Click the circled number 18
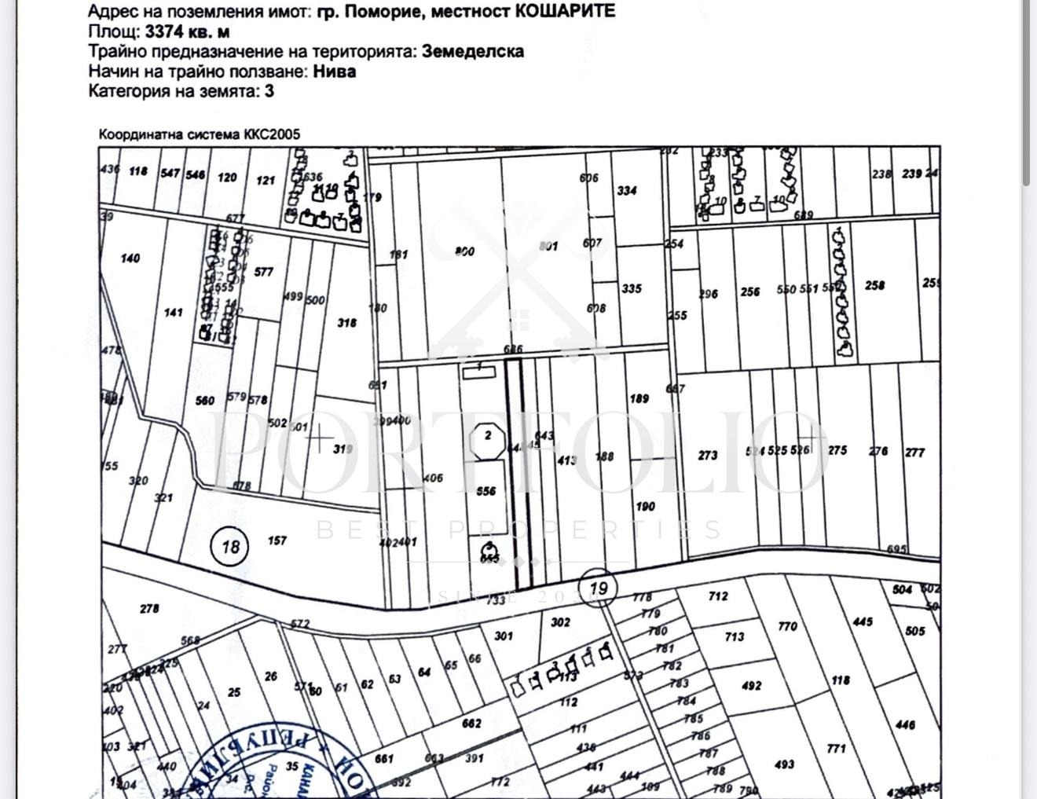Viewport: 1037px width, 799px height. tap(230, 545)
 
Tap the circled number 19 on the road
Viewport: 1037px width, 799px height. tap(598, 588)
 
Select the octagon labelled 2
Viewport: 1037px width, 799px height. tap(488, 435)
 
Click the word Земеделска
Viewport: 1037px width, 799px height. tap(473, 51)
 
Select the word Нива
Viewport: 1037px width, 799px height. tap(335, 71)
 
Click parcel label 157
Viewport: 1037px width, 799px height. tap(277, 541)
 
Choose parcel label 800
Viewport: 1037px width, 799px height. tap(464, 251)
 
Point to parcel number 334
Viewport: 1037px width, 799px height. tap(627, 190)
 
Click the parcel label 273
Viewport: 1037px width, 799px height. tap(708, 455)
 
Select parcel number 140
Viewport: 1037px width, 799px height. tap(130, 258)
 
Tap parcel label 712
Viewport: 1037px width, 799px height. tap(718, 596)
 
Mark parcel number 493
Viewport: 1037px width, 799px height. tap(784, 764)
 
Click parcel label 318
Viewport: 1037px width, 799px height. tap(346, 322)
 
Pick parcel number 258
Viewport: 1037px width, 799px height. tap(875, 285)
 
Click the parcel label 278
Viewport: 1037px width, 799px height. tap(149, 608)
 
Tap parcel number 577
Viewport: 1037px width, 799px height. tap(264, 272)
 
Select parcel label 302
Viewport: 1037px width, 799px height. tap(560, 622)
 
